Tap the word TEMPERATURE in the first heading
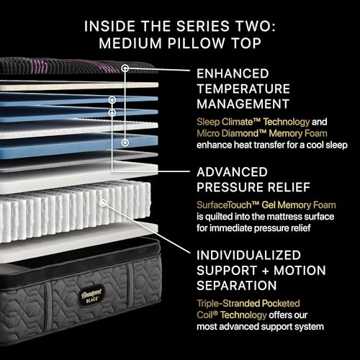(x=243, y=89)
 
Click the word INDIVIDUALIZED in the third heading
(x=248, y=255)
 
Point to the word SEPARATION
(x=237, y=286)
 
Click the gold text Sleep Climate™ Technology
(x=253, y=122)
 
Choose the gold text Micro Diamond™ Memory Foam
(x=262, y=133)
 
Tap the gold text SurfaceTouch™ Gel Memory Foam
(x=266, y=205)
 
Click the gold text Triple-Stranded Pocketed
(x=248, y=304)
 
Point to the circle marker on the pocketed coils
(x=103, y=203)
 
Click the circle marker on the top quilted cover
(x=125, y=68)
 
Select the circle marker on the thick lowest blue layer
(x=125, y=143)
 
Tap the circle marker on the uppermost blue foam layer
(x=112, y=100)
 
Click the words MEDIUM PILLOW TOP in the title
(x=180, y=43)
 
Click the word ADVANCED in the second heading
(x=232, y=172)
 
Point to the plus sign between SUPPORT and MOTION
(x=266, y=271)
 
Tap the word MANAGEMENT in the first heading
(x=243, y=104)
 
